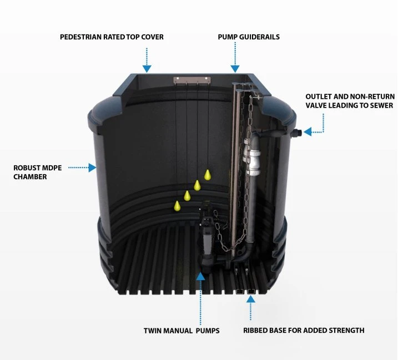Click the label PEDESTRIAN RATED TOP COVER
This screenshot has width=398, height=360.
tap(112, 37)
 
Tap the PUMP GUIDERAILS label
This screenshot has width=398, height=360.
tap(249, 37)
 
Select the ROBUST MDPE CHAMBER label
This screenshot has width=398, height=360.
tap(38, 173)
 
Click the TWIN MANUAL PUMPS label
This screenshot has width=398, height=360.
tap(182, 331)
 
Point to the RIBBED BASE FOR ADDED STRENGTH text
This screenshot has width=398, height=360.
tap(304, 330)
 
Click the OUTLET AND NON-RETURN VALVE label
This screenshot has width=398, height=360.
tap(350, 101)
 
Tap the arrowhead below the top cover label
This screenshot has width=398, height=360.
tap(147, 69)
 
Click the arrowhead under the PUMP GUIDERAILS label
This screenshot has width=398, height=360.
tap(235, 69)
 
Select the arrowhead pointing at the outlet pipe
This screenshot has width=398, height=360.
tap(308, 131)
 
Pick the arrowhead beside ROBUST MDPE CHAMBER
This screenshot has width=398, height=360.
tap(93, 168)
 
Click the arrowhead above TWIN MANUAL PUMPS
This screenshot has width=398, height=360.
tap(200, 276)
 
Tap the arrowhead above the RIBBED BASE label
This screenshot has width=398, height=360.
tap(251, 299)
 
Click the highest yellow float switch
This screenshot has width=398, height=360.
tap(208, 175)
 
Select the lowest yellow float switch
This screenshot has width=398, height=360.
tap(177, 206)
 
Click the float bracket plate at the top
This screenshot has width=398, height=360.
tap(192, 80)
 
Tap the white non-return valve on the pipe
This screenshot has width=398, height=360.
tap(252, 157)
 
